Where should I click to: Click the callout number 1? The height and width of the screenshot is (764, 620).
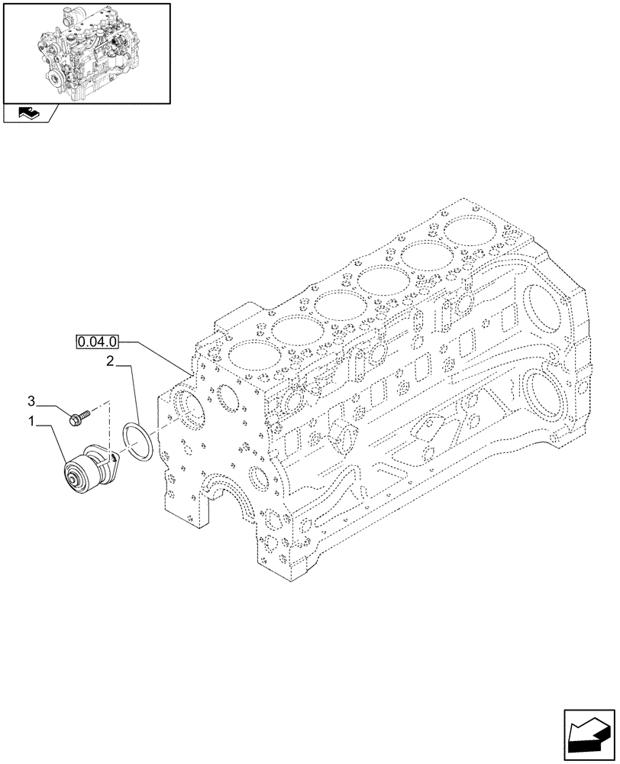32,420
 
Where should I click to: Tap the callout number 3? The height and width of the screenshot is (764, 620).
32,400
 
